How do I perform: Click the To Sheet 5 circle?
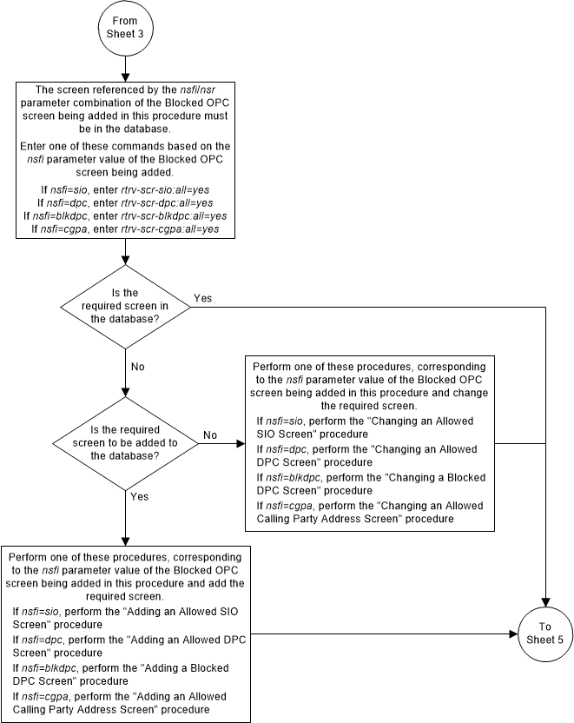pos(544,633)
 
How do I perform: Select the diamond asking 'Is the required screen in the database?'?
pos(127,307)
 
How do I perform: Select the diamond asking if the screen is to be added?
pos(127,442)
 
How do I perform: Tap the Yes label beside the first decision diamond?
pos(201,298)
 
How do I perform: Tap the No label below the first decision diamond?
pos(137,367)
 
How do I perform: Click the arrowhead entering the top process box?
pos(127,77)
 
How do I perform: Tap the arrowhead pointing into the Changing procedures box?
pos(241,442)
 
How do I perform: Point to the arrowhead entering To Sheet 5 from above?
pos(544,603)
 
